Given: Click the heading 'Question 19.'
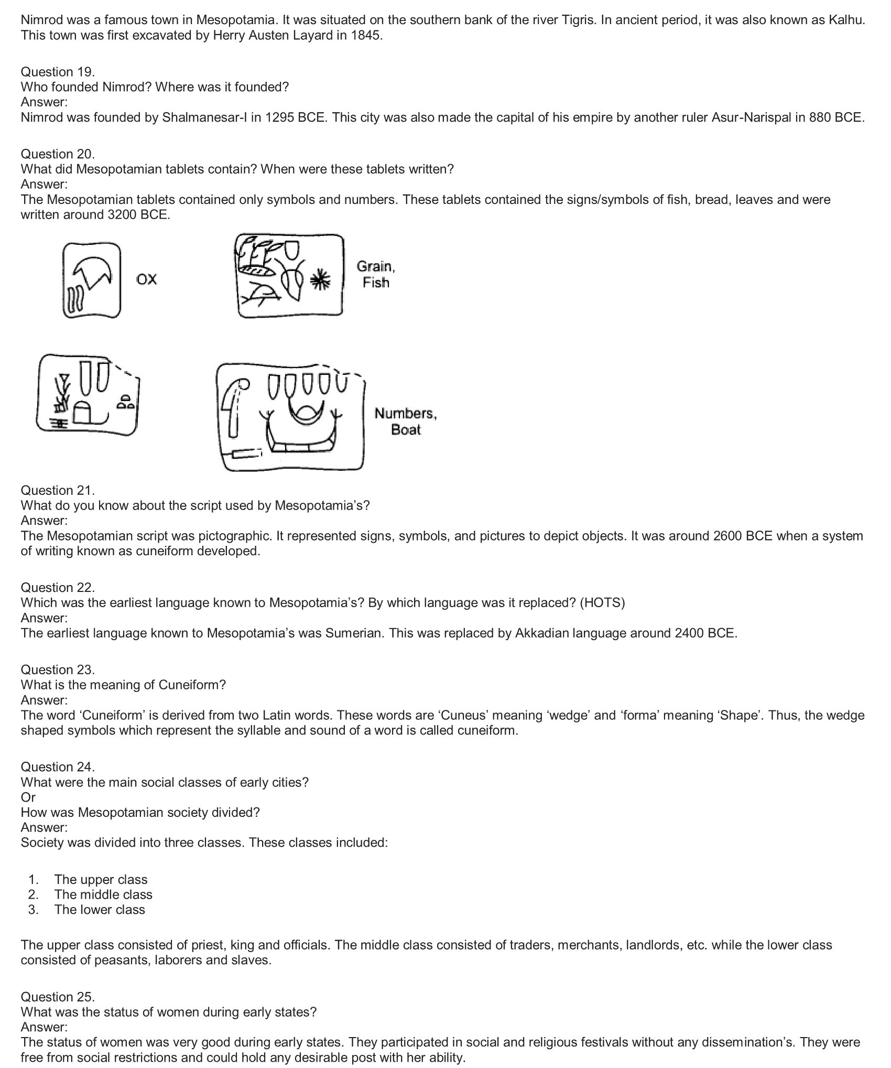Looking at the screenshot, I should pyautogui.click(x=58, y=72).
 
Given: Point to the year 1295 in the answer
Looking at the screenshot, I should pyautogui.click(x=279, y=117).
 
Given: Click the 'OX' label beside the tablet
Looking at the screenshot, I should pyautogui.click(x=146, y=279).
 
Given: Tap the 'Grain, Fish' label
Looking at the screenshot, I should pyautogui.click(x=376, y=274).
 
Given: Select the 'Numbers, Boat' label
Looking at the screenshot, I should pyautogui.click(x=405, y=422).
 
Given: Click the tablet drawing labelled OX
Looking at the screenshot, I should pyautogui.click(x=92, y=281).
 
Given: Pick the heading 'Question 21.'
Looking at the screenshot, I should pyautogui.click(x=58, y=491).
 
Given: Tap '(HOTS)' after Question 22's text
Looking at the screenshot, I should pyautogui.click(x=602, y=603).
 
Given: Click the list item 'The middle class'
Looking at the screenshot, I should pyautogui.click(x=103, y=895).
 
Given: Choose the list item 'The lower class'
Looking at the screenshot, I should pyautogui.click(x=100, y=910).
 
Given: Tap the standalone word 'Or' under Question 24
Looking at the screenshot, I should pyautogui.click(x=28, y=797).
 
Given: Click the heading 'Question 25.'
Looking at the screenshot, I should pyautogui.click(x=58, y=997).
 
